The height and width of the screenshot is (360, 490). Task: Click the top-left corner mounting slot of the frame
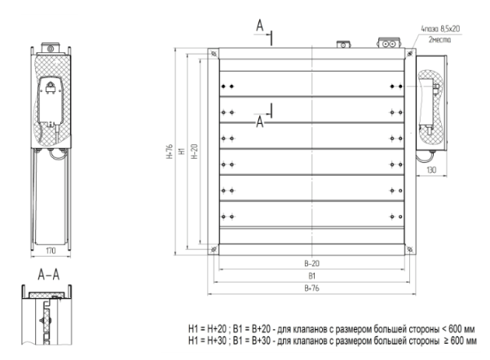coord(214,53)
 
